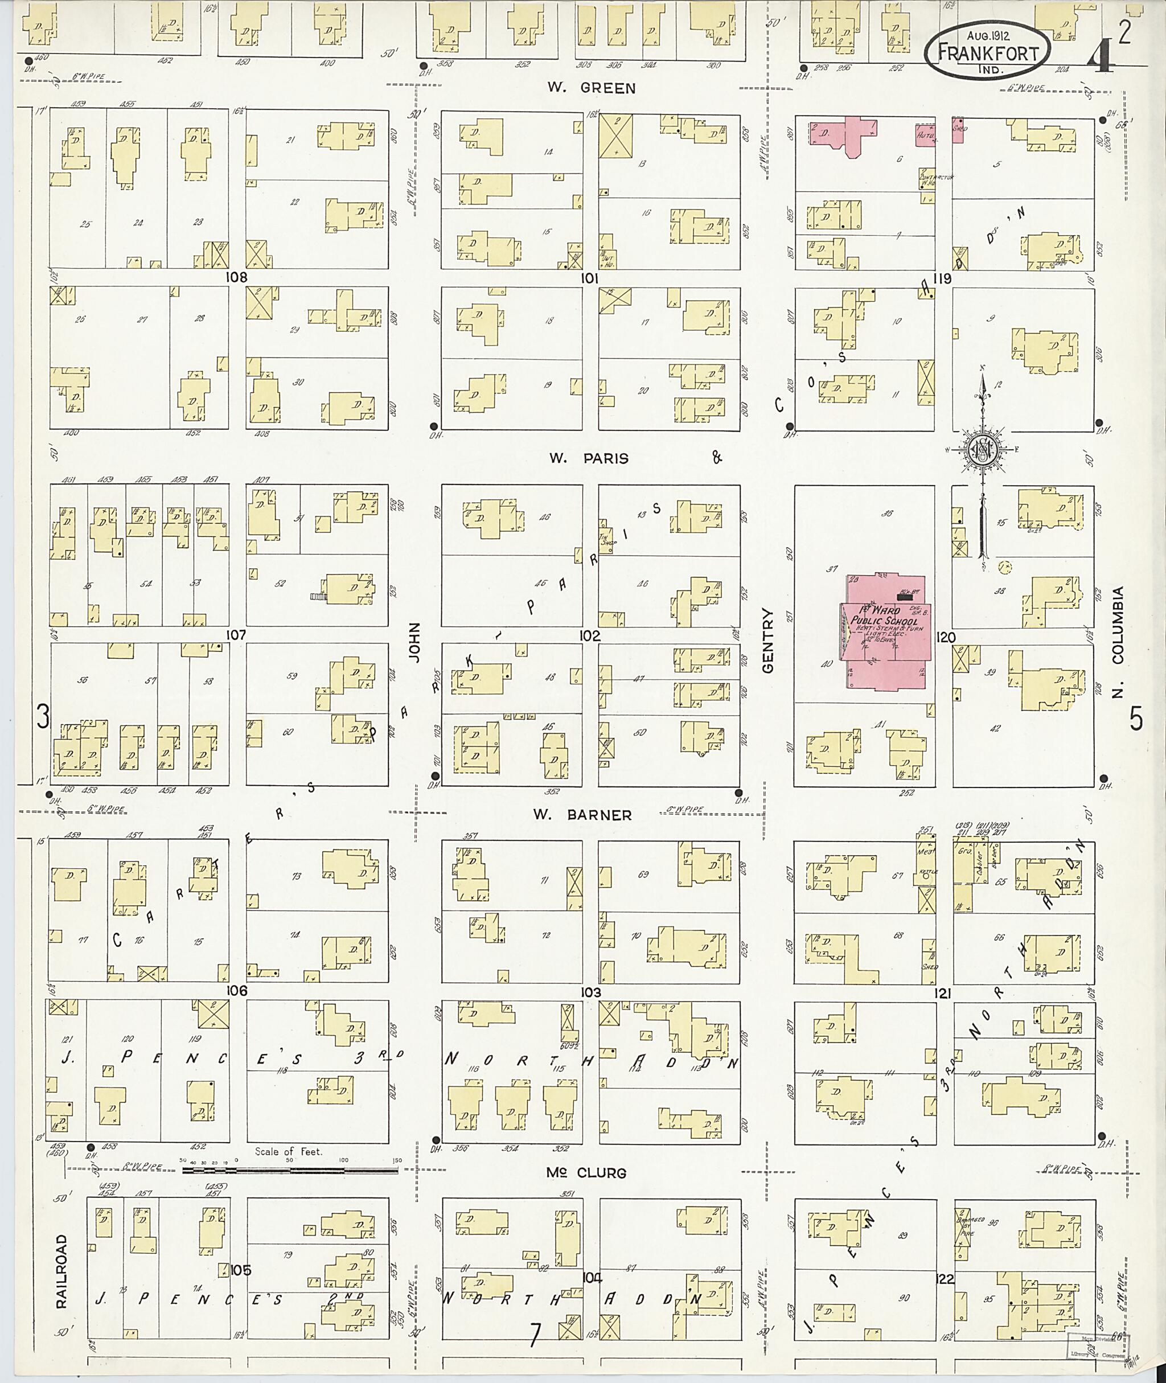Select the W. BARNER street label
[583, 815]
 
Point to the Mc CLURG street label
[576, 1173]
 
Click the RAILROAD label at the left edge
[61, 1271]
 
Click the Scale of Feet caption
[289, 1151]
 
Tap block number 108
[236, 278]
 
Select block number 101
[589, 279]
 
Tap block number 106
[236, 990]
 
